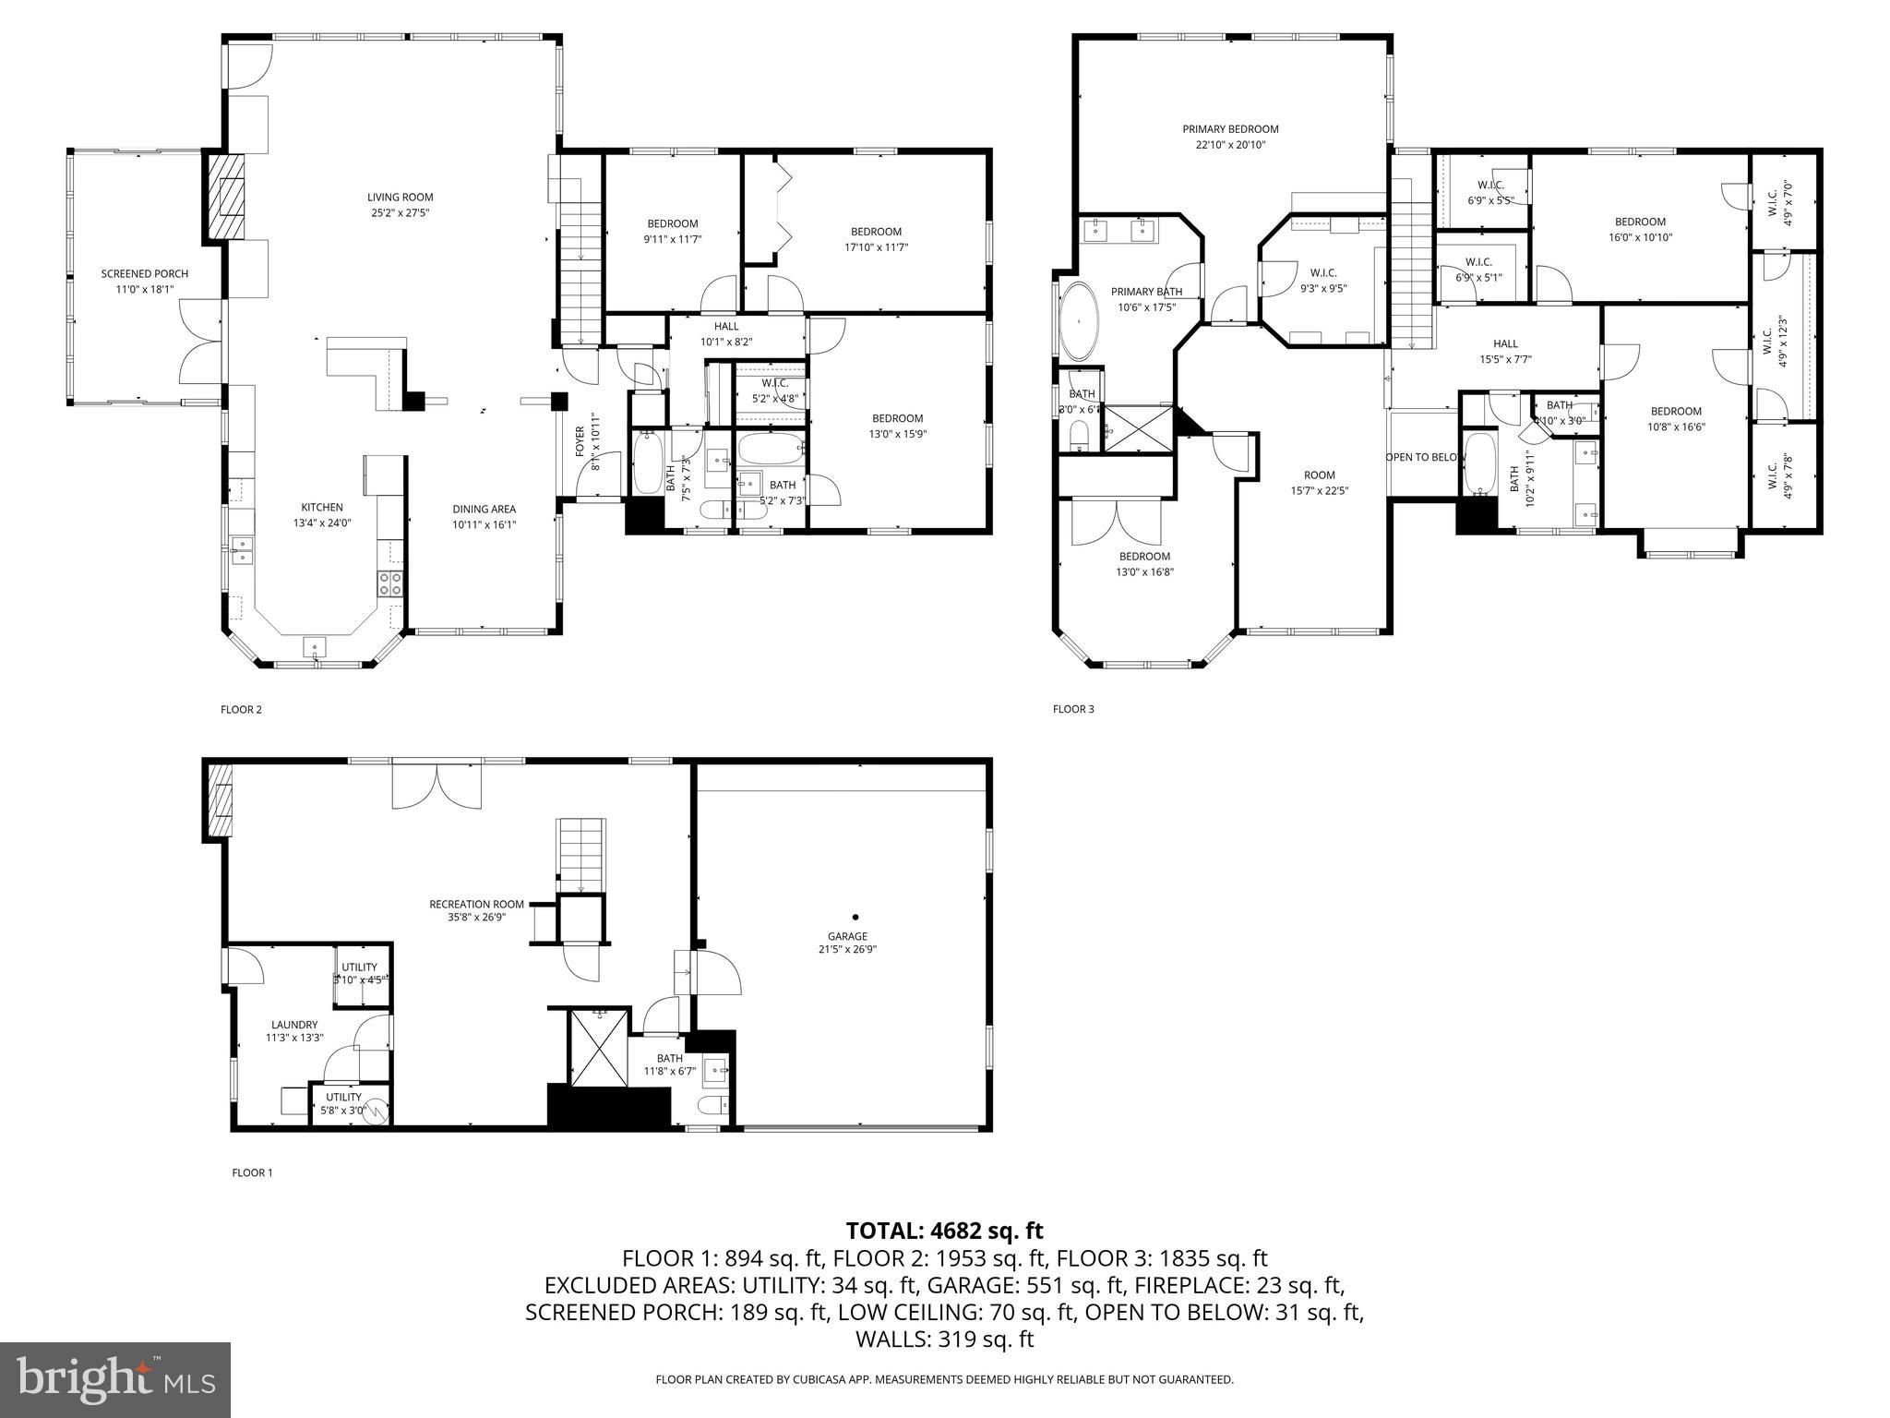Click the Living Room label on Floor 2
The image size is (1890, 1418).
(x=400, y=197)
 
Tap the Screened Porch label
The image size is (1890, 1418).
(x=145, y=274)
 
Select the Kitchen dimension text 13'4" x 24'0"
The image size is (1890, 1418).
(x=322, y=523)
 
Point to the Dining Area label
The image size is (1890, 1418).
(x=484, y=509)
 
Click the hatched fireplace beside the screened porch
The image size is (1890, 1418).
(x=226, y=196)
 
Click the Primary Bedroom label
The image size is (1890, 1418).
(x=1230, y=129)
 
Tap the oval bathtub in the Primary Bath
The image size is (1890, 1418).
(x=1078, y=321)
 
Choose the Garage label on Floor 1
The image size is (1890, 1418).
(x=846, y=936)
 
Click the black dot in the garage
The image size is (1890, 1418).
(x=855, y=917)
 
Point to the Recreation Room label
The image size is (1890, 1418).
(x=476, y=904)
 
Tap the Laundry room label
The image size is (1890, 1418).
(x=294, y=1025)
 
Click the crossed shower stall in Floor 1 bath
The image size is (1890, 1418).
(x=600, y=1048)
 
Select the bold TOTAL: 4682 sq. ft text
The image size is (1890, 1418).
(x=944, y=1231)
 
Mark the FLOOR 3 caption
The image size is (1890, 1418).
(x=1073, y=709)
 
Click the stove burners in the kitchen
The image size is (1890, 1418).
(x=389, y=583)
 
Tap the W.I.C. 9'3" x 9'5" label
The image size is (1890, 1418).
(x=1322, y=272)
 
